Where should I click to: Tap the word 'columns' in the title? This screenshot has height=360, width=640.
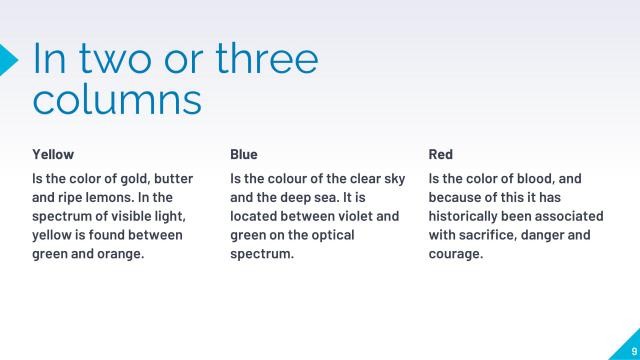pyautogui.click(x=117, y=100)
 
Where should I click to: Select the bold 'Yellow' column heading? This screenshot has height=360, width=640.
pyautogui.click(x=53, y=154)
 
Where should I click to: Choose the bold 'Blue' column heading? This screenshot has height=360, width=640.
pyautogui.click(x=244, y=154)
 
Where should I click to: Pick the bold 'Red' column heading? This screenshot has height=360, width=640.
pyautogui.click(x=441, y=154)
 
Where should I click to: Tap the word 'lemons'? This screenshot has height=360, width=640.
pyautogui.click(x=112, y=198)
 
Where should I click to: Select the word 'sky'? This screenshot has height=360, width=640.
pyautogui.click(x=394, y=179)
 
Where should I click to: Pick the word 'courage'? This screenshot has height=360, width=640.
pyautogui.click(x=456, y=254)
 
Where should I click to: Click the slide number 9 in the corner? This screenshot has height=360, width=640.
pyautogui.click(x=633, y=350)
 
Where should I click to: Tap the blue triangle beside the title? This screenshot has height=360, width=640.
pyautogui.click(x=8, y=59)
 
